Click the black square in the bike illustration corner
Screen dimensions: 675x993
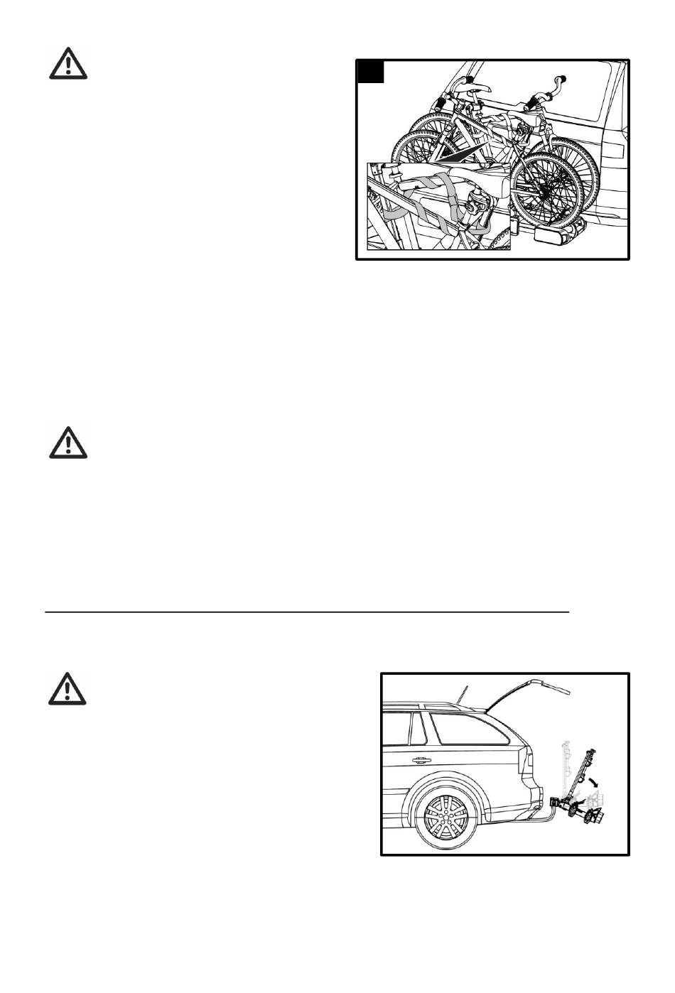coord(370,72)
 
